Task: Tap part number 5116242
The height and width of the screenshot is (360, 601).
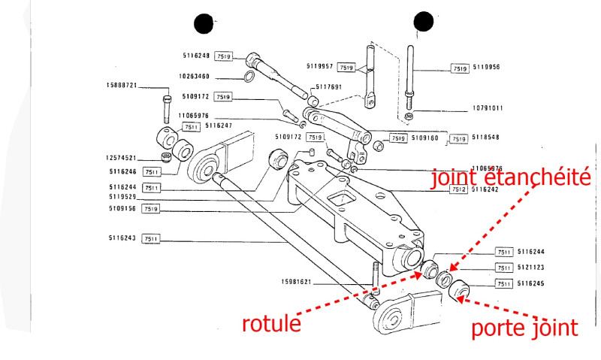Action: coord(488,190)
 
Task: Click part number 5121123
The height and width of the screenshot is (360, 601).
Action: coord(533,268)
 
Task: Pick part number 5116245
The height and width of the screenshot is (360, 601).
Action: coord(533,283)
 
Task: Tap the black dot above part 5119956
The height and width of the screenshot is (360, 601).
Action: coord(424,23)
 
